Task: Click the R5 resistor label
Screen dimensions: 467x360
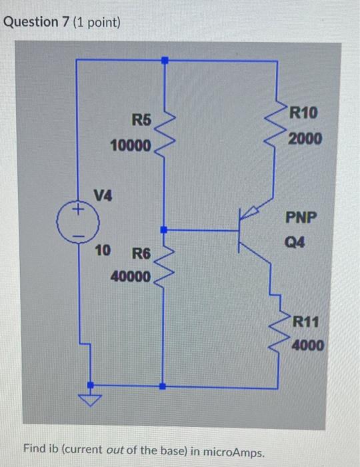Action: point(141,120)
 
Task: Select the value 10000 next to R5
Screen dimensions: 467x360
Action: point(131,145)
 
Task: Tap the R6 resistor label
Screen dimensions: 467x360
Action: point(141,254)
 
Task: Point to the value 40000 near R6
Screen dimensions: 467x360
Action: point(131,276)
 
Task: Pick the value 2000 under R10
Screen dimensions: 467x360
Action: point(305,139)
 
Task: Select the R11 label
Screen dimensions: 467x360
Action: point(307,322)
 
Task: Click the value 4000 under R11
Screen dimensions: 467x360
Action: point(308,346)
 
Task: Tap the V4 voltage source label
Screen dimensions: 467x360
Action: point(103,195)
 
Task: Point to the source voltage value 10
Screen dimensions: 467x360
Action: point(102,251)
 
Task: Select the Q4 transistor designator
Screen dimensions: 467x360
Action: point(297,243)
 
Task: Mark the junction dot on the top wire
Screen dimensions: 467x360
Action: point(165,60)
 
